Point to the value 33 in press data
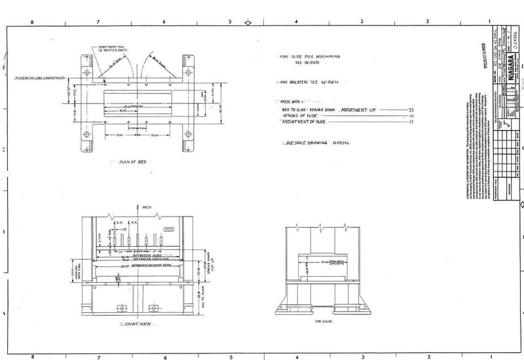(411, 109)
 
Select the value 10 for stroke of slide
(411, 116)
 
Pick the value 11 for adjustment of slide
(411, 122)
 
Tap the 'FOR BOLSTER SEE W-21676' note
(308, 84)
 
